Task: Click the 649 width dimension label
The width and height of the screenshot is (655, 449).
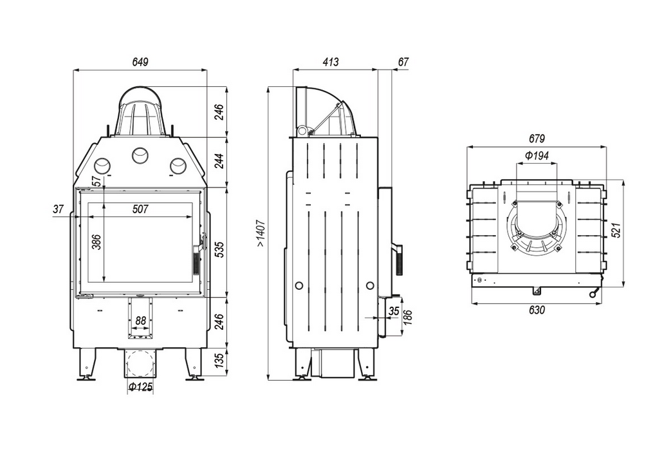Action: [140, 62]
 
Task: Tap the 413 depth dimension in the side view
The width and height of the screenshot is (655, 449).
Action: [331, 62]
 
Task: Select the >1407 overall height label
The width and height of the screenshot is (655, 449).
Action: [261, 233]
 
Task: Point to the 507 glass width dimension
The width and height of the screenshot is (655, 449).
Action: [140, 209]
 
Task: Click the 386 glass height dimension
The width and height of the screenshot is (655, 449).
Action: [97, 242]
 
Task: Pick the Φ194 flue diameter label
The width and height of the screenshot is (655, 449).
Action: [537, 156]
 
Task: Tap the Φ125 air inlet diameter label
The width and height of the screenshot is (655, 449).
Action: [140, 387]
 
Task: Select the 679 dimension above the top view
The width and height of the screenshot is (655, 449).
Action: [537, 139]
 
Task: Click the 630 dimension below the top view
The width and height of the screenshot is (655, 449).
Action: [537, 310]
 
